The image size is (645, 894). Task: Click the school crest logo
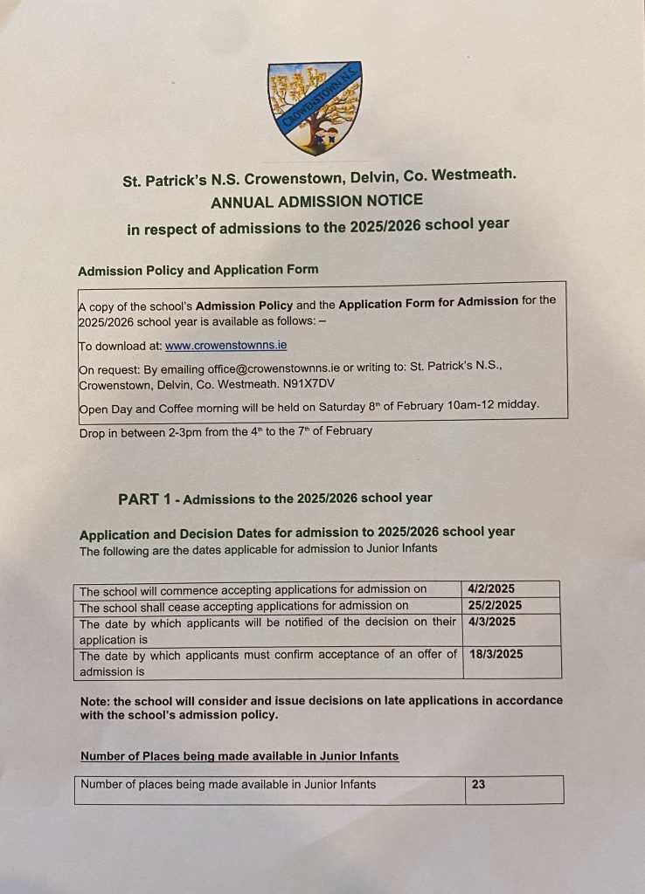(x=315, y=107)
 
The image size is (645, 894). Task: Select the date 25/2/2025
(x=495, y=606)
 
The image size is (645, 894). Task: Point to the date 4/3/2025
(x=492, y=622)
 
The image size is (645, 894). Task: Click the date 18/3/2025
(x=496, y=654)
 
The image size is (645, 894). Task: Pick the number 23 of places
(x=478, y=785)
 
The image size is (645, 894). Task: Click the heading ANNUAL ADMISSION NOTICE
(x=316, y=201)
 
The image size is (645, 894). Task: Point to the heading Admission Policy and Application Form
(x=198, y=271)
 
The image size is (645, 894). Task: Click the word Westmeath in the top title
(x=473, y=175)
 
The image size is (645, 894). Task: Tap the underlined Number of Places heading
(x=239, y=756)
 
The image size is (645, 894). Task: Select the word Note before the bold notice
(x=94, y=700)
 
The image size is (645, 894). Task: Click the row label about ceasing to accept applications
(x=244, y=606)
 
